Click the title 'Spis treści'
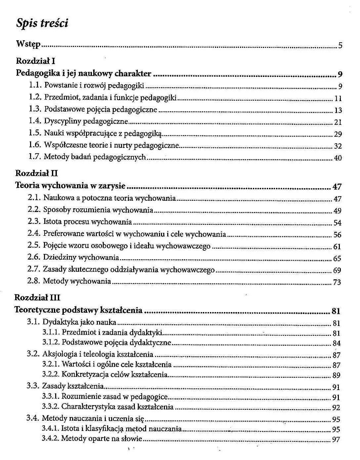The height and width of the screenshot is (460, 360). [x=42, y=23]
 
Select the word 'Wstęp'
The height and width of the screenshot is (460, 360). [x=28, y=44]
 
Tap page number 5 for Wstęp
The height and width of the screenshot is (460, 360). [x=340, y=46]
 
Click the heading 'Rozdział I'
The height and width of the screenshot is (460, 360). [x=35, y=61]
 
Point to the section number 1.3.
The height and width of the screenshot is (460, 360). [x=35, y=109]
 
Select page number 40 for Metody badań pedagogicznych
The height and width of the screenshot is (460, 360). [x=338, y=158]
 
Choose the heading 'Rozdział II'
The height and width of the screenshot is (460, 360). [x=37, y=173]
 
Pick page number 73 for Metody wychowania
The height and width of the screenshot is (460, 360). [x=337, y=282]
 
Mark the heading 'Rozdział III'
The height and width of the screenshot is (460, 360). [x=37, y=298]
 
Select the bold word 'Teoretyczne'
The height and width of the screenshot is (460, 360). [x=37, y=310]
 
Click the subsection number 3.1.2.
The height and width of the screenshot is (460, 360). [x=51, y=342]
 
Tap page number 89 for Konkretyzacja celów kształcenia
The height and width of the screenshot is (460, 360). [x=336, y=375]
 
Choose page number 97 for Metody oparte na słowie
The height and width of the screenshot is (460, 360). [x=336, y=440]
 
